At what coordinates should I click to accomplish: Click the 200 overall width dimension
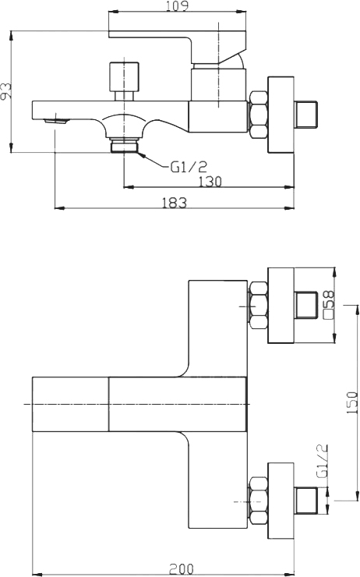tap(183, 569)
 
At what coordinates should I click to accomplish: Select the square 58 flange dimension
tap(329, 304)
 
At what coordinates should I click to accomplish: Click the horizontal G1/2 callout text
tap(188, 166)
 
